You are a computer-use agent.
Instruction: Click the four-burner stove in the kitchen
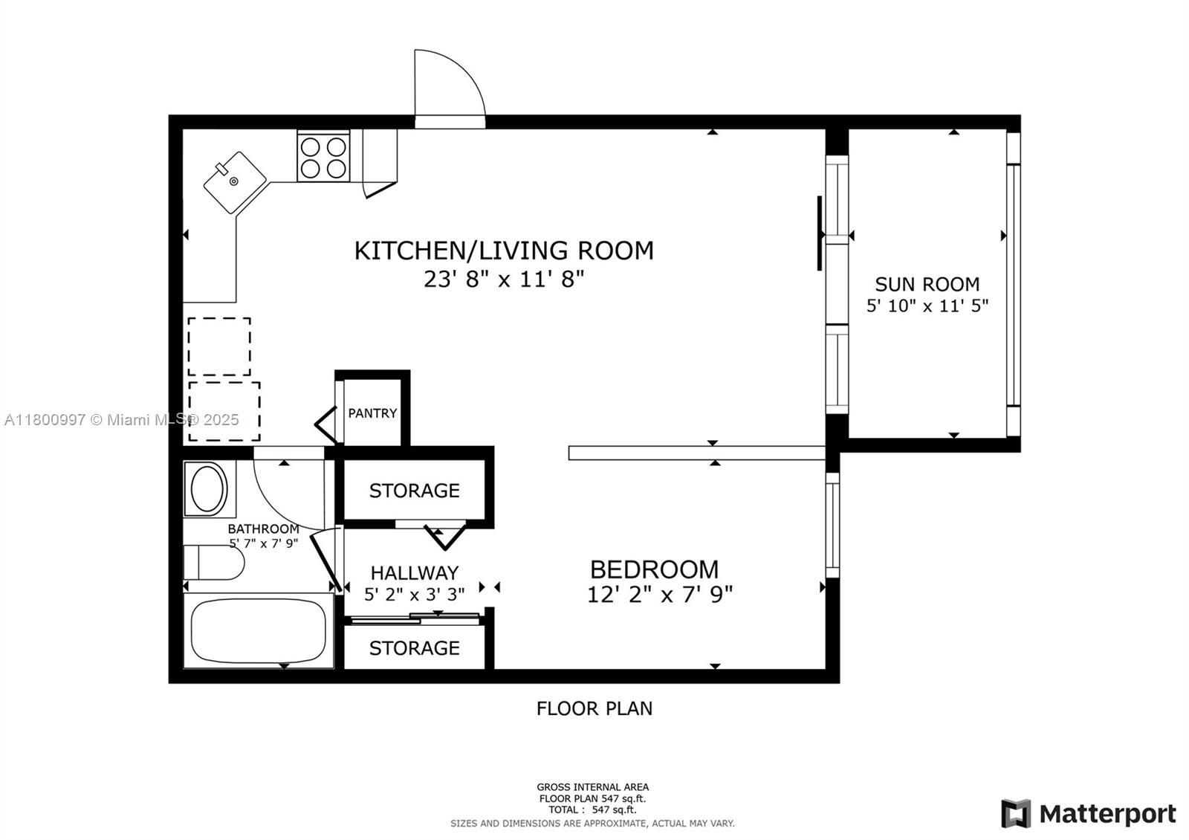pos(323,157)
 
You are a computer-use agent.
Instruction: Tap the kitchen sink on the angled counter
pos(235,182)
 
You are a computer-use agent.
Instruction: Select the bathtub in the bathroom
pos(259,630)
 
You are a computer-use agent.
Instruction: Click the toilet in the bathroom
pos(214,562)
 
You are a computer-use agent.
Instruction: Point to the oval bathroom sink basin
pos(209,489)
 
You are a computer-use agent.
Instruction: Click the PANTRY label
pos(372,413)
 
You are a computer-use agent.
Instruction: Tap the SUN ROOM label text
pos(927,285)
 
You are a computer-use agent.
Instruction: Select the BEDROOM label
pos(655,569)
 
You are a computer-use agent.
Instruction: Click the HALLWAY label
pos(415,573)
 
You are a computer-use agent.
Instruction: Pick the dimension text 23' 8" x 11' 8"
pos(504,280)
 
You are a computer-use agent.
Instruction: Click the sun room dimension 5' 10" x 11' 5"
pos(927,306)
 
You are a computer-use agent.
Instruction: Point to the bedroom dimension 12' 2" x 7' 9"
pos(660,595)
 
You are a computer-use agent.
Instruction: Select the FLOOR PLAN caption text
pos(594,708)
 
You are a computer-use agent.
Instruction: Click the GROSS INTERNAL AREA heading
pos(592,787)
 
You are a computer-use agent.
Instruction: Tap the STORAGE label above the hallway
pos(415,491)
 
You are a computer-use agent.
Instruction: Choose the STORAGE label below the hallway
pos(415,648)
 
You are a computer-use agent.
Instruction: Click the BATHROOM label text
pos(263,529)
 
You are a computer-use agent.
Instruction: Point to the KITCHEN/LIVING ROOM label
pos(504,251)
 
